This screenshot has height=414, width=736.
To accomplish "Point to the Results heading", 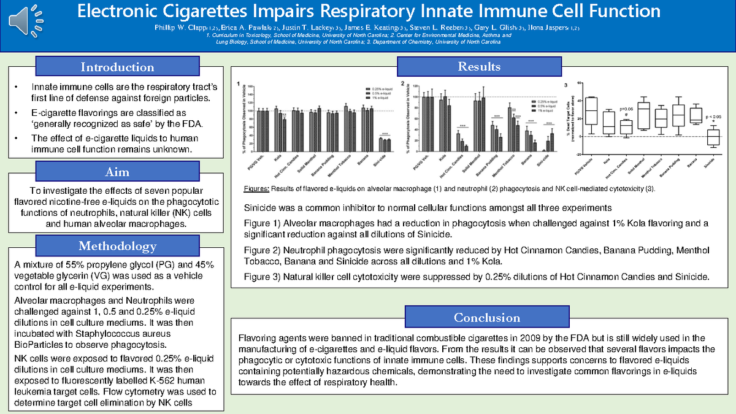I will point(479,67).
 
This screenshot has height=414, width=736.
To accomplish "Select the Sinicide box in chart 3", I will point(713,137).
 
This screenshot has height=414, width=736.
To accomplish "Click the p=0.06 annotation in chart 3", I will point(626,108).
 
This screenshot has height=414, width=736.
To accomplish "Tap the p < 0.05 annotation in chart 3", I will point(713,116).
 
